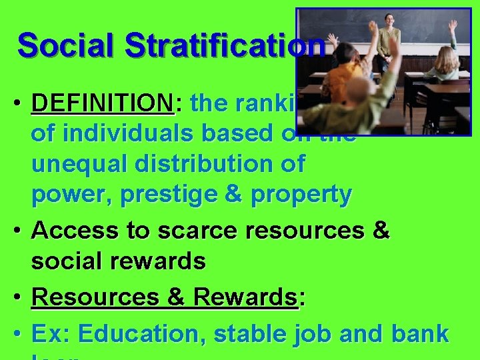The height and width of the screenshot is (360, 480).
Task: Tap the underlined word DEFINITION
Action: [102, 103]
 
